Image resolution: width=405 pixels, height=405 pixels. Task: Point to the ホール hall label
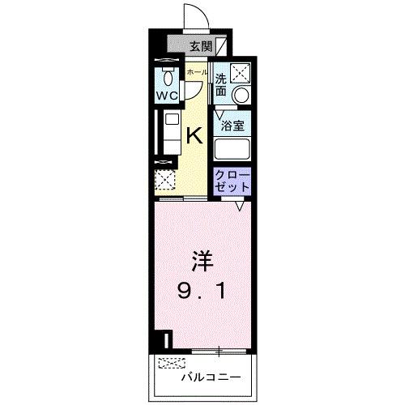click(196, 72)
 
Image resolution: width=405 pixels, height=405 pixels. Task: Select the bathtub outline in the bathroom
click(233, 150)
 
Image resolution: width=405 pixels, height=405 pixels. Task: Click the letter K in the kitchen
click(195, 135)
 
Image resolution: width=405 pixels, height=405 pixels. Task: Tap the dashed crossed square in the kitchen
click(165, 181)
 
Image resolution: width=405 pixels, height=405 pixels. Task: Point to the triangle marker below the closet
click(240, 207)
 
